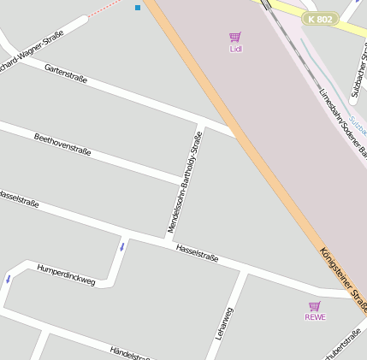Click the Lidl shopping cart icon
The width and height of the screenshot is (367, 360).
[x=235, y=37]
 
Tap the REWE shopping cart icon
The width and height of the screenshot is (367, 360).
[x=315, y=305]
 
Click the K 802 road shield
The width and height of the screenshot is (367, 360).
[x=321, y=19]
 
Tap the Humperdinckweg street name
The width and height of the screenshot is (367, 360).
[x=66, y=274]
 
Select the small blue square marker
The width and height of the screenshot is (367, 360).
[x=138, y=8]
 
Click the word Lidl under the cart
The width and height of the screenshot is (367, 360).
[x=236, y=49]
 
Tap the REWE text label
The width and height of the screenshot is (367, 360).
[x=315, y=317]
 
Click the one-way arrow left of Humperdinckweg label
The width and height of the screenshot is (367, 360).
[x=9, y=278]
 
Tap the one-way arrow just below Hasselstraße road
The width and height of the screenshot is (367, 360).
[x=121, y=247]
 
